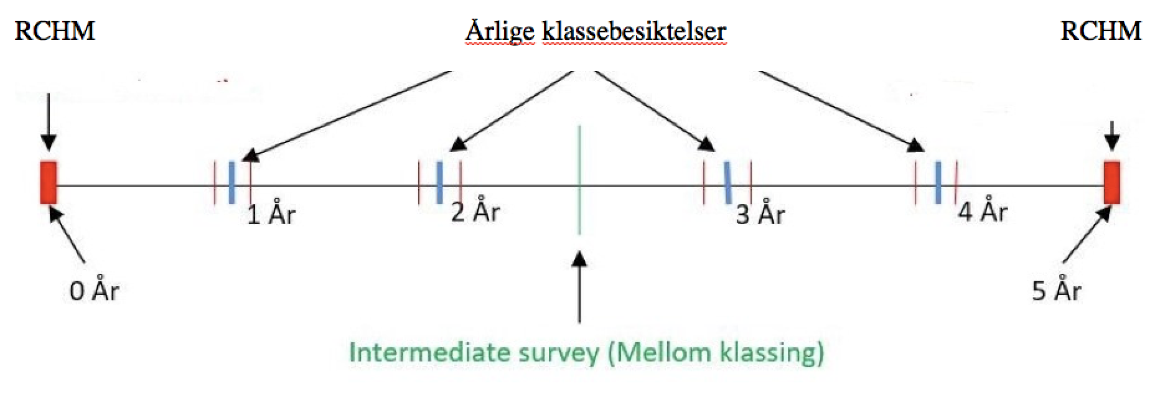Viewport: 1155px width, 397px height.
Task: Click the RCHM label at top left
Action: [55, 30]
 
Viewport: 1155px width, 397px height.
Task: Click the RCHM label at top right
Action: [1101, 30]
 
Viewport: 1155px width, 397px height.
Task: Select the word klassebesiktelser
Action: [634, 31]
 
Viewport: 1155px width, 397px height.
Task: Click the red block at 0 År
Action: [49, 182]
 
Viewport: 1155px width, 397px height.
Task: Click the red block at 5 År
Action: [1112, 182]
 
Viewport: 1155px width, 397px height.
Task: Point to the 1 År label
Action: [271, 214]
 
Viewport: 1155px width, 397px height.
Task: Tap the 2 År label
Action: [475, 211]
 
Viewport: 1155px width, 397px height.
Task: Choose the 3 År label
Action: [760, 214]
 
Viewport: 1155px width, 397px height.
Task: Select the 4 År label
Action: [983, 211]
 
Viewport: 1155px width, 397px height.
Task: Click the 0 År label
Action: [94, 289]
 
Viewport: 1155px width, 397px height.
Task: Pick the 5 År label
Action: [1057, 289]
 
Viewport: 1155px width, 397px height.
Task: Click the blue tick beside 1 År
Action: [231, 182]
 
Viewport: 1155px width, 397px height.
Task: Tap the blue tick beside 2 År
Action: [439, 182]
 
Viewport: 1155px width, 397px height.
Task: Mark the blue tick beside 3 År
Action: [727, 182]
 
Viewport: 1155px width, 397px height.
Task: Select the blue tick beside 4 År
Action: [937, 182]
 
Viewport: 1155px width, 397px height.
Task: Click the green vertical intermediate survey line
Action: [579, 180]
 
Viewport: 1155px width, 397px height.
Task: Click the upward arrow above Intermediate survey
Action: [579, 287]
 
